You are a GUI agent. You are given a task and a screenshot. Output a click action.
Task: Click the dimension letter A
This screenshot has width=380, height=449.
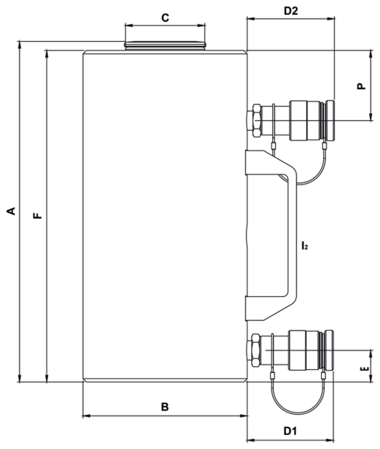pos(11,212)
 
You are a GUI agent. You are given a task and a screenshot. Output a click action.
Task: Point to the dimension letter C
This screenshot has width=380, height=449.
pos(164,17)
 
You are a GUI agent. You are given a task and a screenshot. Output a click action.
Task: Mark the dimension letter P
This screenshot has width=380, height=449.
pos(361,87)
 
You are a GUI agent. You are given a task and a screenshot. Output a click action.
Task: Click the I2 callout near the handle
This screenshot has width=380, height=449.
pos(306,247)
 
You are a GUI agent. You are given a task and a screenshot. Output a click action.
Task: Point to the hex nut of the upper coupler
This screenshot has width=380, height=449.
pos(254,121)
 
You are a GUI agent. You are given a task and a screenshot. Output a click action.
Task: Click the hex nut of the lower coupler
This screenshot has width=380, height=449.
pos(254,351)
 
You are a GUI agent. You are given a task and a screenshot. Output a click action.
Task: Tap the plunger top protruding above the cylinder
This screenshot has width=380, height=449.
pos(165,46)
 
